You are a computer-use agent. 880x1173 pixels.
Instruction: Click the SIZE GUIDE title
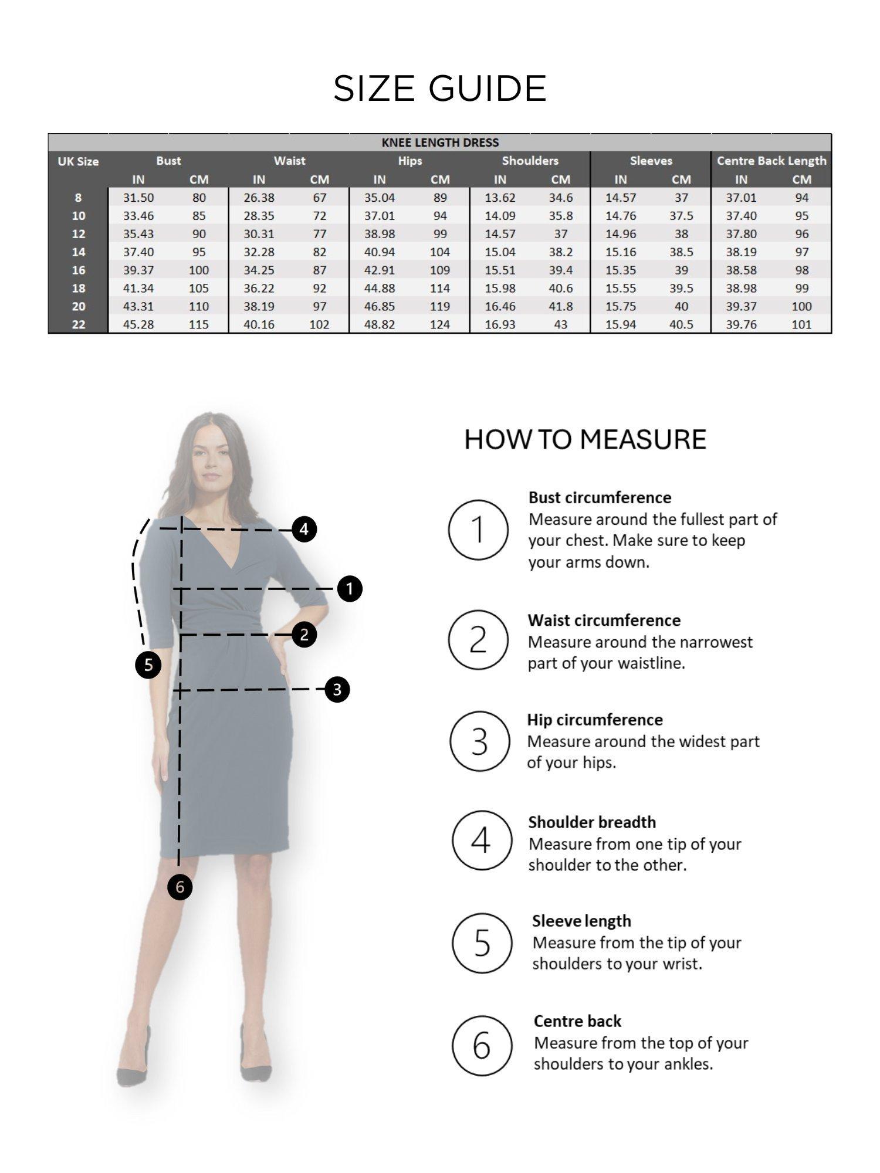(440, 89)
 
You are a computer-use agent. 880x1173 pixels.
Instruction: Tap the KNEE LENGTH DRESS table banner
(440, 143)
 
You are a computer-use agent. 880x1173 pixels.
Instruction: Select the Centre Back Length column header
(771, 161)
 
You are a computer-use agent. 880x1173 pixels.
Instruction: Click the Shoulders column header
(530, 161)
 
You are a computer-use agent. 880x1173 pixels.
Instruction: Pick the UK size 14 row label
(78, 252)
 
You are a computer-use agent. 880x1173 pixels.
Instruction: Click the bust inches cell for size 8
(138, 198)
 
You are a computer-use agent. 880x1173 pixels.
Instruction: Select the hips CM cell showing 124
(439, 324)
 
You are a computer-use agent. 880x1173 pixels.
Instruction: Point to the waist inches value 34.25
(259, 270)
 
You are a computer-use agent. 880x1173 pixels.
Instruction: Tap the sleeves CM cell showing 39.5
(681, 289)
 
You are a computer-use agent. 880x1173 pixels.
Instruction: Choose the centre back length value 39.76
(741, 324)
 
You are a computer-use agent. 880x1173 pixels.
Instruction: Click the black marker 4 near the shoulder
(304, 530)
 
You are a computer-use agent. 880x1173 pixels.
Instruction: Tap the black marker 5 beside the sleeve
(148, 665)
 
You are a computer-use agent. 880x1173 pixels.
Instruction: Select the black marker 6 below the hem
(180, 887)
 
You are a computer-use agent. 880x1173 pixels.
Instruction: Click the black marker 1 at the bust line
(350, 588)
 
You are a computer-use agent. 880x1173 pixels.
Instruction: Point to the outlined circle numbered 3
(479, 741)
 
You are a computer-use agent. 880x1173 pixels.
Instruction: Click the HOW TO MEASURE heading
(585, 440)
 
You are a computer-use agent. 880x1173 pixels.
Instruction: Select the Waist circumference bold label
(604, 621)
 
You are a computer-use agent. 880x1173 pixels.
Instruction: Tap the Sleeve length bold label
(581, 921)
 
